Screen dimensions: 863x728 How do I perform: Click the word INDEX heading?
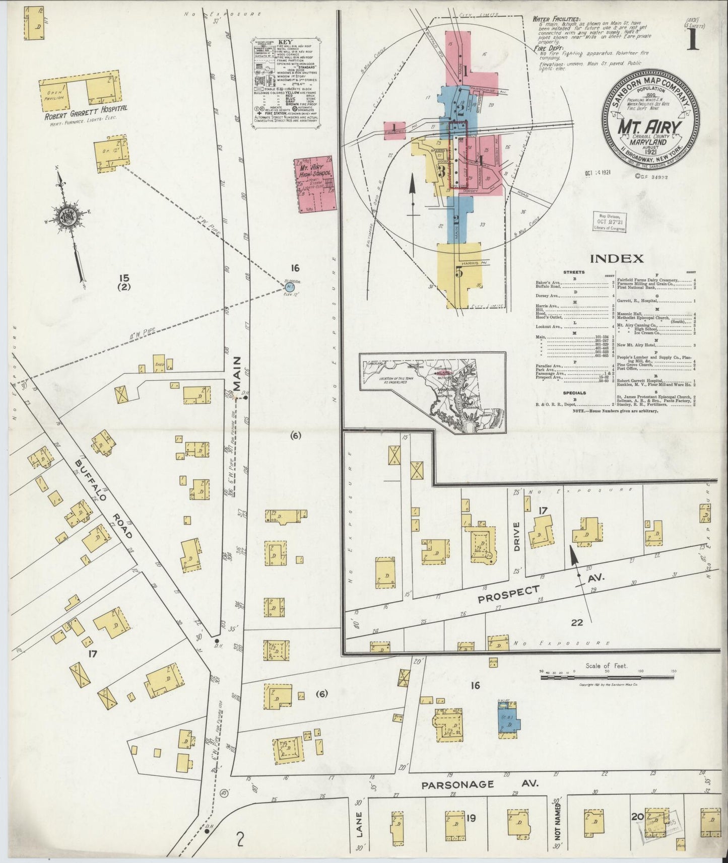pyautogui.click(x=617, y=259)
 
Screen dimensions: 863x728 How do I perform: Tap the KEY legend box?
pyautogui.click(x=286, y=82)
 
